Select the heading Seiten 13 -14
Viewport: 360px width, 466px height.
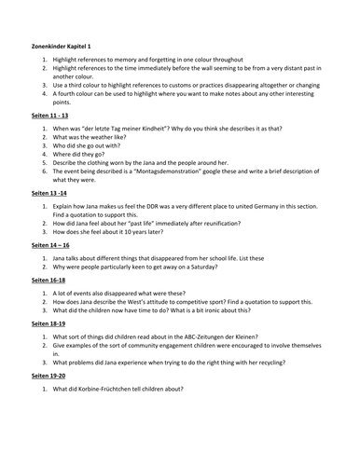click(42, 195)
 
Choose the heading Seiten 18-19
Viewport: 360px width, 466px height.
click(40, 325)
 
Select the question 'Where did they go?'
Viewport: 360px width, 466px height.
click(84, 154)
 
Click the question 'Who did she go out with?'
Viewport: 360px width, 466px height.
click(91, 145)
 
